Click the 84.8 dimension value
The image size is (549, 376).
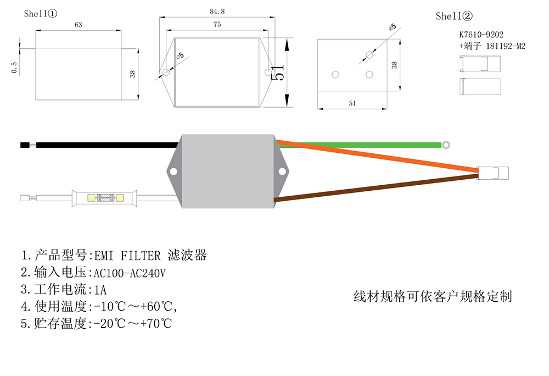(217, 11)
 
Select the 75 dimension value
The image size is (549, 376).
(217, 25)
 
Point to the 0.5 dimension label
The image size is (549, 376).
(14, 67)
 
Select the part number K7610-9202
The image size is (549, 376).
(481, 34)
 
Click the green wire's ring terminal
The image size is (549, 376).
(446, 145)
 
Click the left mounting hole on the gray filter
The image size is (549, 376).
(173, 171)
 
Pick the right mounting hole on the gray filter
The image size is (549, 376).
(283, 171)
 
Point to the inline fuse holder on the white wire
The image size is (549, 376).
(104, 198)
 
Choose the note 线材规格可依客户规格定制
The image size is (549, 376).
(433, 296)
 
